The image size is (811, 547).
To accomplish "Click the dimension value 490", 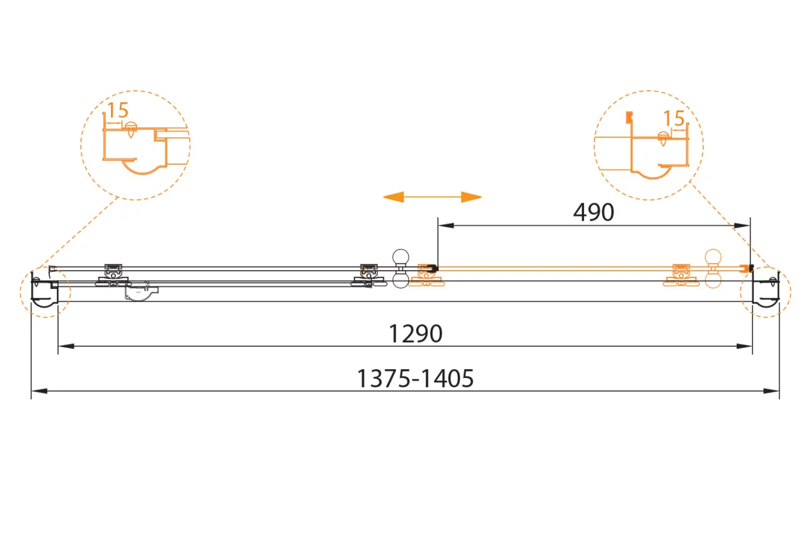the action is [593, 212].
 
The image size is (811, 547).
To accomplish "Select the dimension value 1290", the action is [415, 334].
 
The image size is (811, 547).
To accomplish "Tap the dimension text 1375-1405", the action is [415, 379].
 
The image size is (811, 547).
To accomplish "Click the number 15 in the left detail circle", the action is [118, 110].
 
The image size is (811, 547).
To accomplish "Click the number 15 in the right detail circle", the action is [674, 118].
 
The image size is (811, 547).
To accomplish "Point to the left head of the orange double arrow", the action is [393, 197].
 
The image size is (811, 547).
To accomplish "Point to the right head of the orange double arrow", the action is [472, 197].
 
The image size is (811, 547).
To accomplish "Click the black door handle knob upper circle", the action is [401, 257].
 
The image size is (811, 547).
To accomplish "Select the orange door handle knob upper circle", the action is [713, 258].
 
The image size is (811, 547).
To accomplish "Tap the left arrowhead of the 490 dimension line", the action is [445, 226].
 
